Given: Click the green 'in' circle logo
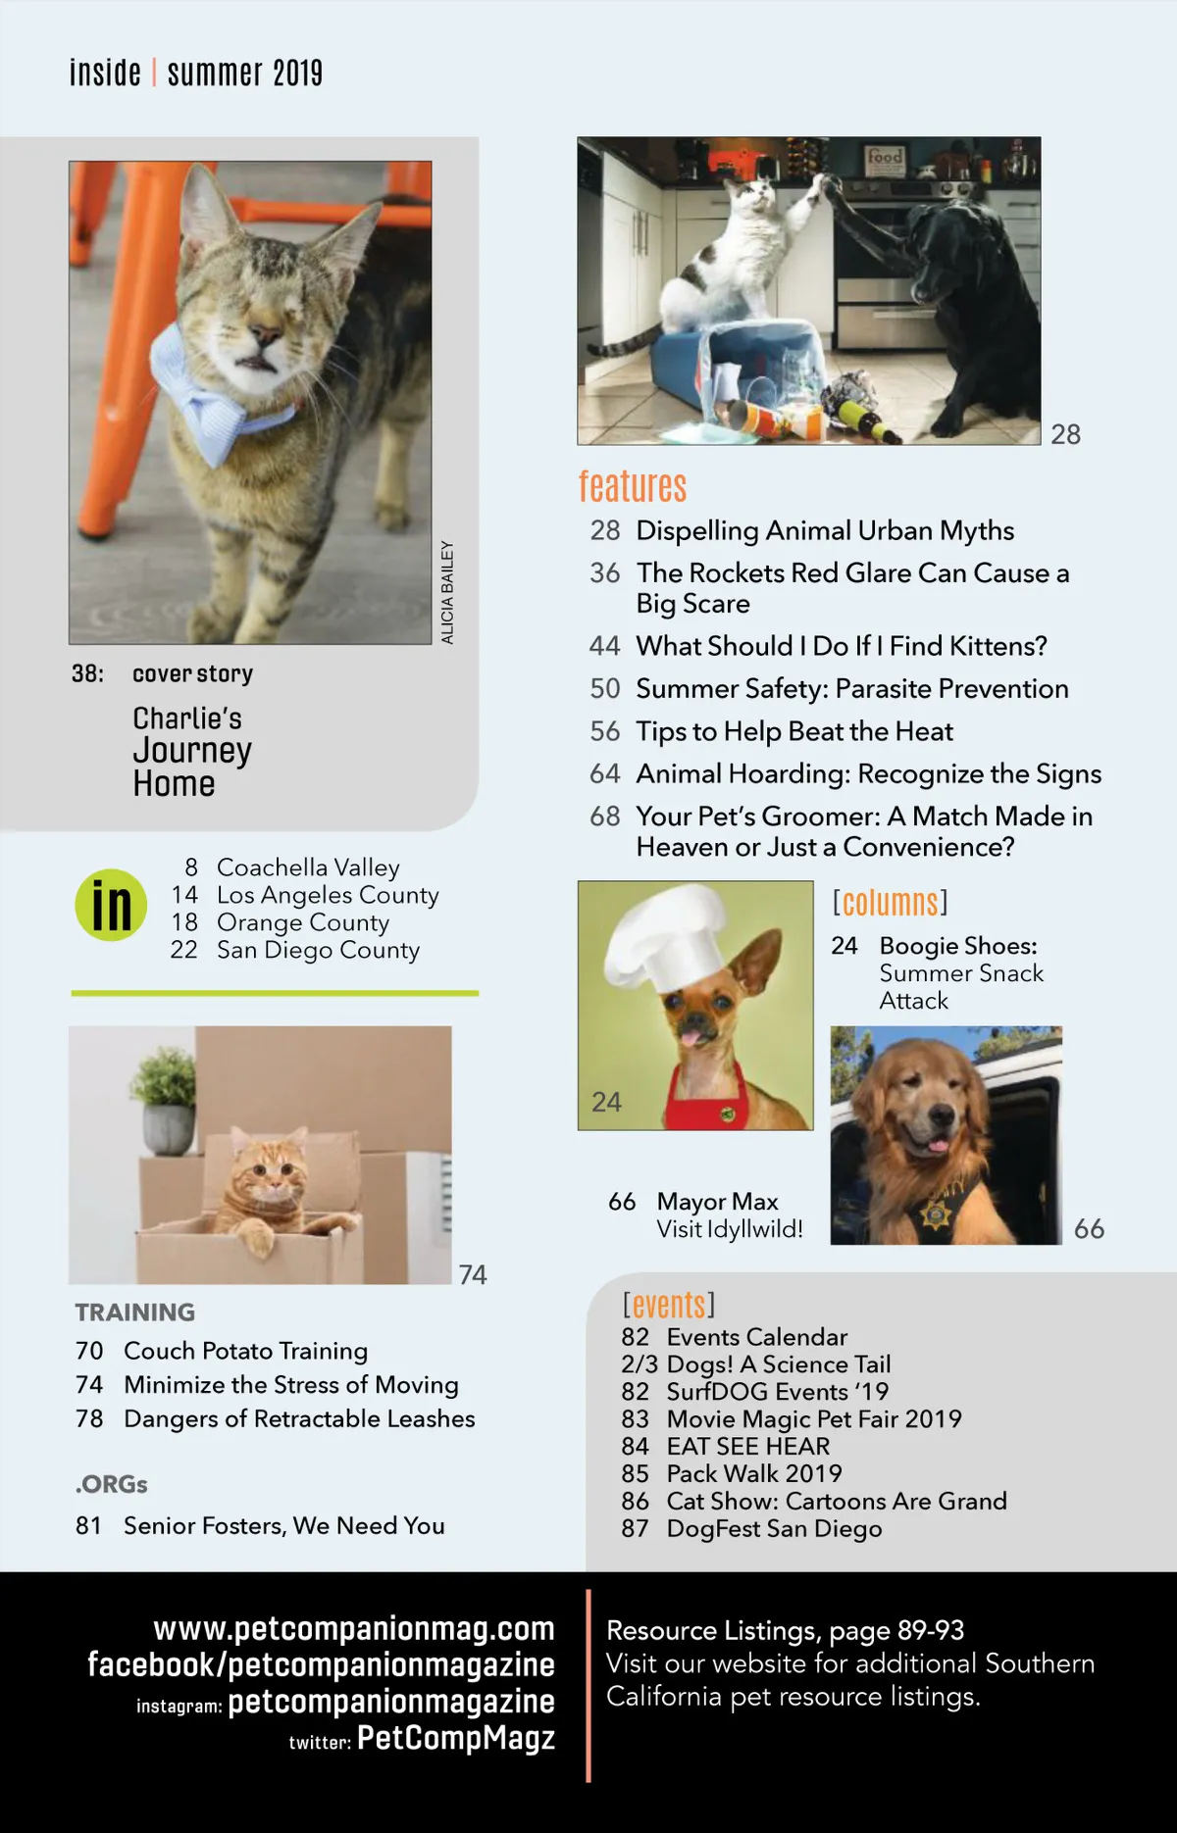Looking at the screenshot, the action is [111, 905].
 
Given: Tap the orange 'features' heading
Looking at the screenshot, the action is [633, 486].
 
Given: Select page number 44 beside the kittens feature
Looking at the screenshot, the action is [604, 646].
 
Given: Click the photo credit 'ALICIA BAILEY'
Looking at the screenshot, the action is [447, 592].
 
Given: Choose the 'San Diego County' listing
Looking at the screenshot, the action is [318, 950].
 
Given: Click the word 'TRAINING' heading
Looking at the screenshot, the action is [135, 1312].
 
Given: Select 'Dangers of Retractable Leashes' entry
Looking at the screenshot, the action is [299, 1418].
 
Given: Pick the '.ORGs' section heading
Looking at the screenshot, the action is [111, 1484].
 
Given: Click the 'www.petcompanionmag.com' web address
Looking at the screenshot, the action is [354, 1628].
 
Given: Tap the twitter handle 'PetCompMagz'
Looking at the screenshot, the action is [456, 1738].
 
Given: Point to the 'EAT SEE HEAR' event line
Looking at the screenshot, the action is [748, 1446].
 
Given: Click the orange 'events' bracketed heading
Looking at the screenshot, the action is [669, 1305].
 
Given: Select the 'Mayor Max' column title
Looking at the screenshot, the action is [717, 1201].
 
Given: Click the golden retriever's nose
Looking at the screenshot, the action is [942, 1115].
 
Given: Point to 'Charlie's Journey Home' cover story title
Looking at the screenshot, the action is [192, 752].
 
